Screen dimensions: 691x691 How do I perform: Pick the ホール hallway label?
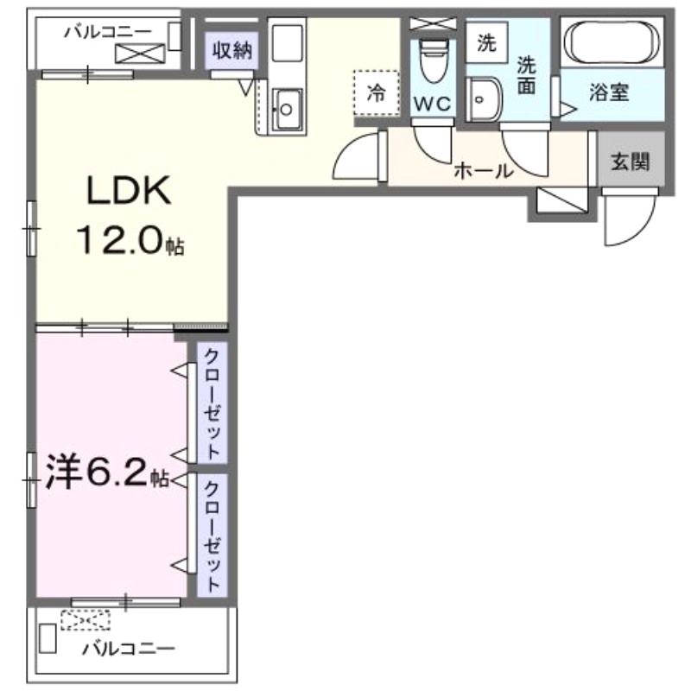484,170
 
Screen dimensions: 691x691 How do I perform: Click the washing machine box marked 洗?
487,43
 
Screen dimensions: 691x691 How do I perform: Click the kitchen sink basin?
285,109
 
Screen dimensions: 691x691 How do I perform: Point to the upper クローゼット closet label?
212,402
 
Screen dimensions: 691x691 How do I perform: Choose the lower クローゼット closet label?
212,534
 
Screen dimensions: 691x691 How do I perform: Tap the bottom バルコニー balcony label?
130,647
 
